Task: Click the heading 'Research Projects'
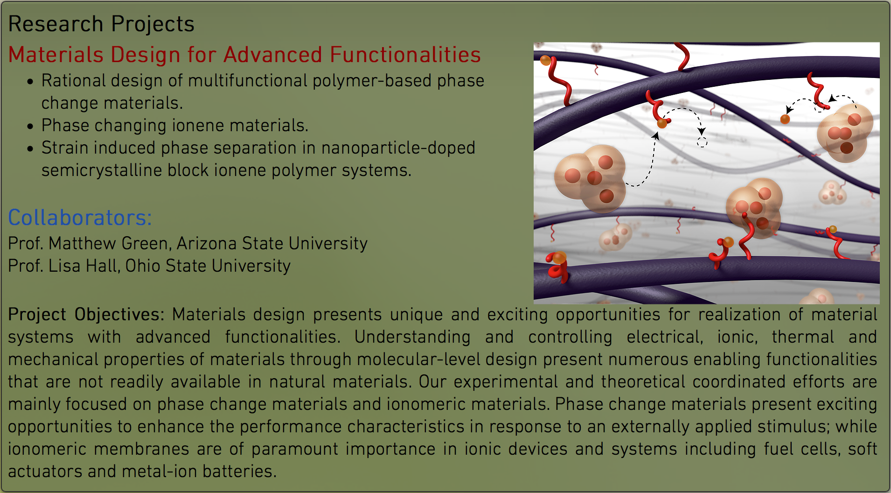click(101, 24)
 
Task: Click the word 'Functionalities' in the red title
click(405, 55)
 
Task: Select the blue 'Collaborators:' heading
click(80, 218)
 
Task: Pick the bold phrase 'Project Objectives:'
click(86, 315)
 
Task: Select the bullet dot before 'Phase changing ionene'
click(30, 127)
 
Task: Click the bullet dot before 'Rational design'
click(30, 82)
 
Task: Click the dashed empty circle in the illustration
click(702, 142)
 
